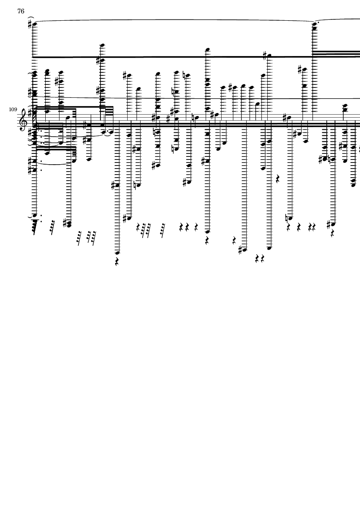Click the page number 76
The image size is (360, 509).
[21, 11]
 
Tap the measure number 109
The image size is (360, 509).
[13, 110]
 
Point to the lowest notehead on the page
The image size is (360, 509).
[117, 253]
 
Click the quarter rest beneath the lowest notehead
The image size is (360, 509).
[117, 261]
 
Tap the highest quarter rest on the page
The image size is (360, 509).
[278, 178]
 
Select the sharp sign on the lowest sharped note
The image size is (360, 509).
[241, 250]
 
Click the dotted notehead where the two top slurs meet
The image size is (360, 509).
[314, 23]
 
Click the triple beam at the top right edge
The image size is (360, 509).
[336, 53]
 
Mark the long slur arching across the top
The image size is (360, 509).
[174, 20]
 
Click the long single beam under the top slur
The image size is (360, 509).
[174, 57]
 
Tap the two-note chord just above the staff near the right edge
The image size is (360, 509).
[344, 109]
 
